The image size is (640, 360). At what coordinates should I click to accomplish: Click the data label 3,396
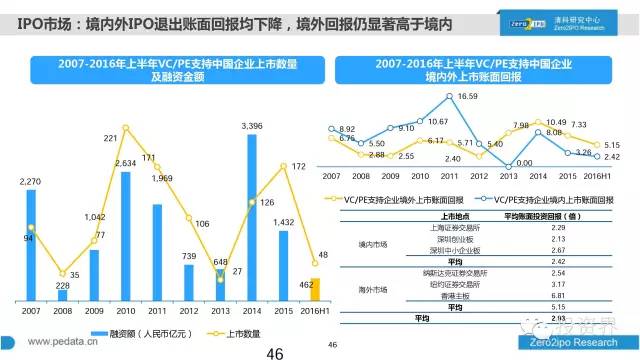pos(253,126)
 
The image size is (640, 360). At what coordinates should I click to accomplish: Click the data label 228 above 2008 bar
pos(64,285)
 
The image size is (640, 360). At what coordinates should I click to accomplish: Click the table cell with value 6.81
pos(545,296)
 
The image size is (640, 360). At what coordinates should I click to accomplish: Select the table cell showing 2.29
pos(545,229)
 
